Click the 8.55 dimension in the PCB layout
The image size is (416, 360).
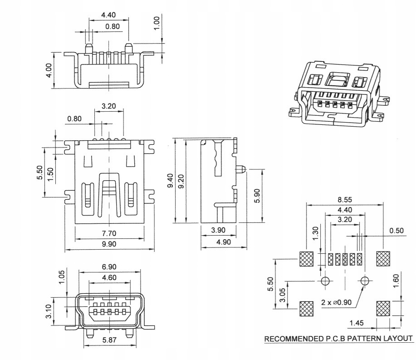(x=345, y=199)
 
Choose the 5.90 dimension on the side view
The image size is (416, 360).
(x=257, y=195)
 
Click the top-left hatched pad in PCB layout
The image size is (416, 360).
(x=307, y=259)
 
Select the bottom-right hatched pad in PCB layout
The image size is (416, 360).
(x=384, y=309)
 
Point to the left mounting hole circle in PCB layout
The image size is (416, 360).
(x=325, y=281)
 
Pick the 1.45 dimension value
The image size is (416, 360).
(x=357, y=323)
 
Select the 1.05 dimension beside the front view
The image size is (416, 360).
(x=62, y=276)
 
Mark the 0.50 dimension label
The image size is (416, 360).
(x=396, y=231)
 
